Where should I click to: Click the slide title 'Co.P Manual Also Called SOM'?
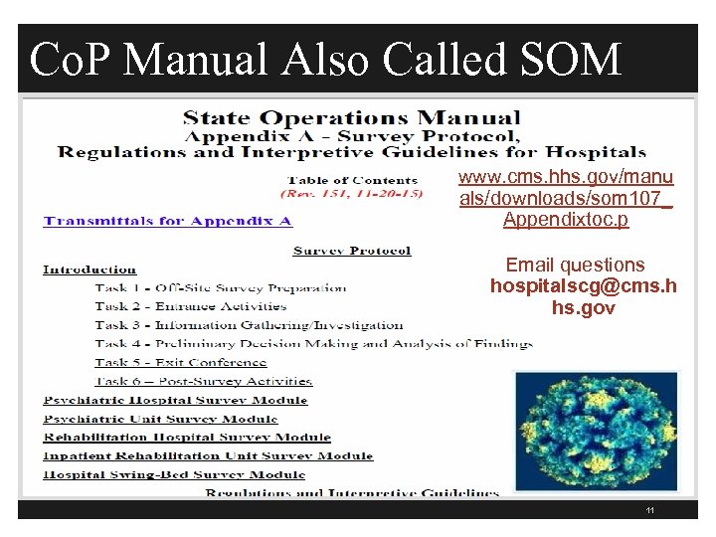(325, 60)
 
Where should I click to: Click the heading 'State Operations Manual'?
(351, 119)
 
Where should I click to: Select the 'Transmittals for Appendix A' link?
(167, 221)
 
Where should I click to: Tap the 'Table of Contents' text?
(353, 180)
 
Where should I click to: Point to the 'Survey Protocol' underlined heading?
(352, 251)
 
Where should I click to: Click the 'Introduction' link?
(89, 269)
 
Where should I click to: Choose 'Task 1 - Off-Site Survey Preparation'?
(221, 288)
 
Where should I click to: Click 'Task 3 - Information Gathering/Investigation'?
(249, 325)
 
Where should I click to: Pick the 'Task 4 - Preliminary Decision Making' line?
(313, 344)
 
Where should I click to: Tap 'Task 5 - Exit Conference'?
(181, 363)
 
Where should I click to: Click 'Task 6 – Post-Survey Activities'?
(204, 381)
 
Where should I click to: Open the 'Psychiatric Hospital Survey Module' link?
(175, 400)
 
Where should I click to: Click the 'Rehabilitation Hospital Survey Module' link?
(187, 438)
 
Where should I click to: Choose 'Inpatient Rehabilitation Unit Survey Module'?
(208, 456)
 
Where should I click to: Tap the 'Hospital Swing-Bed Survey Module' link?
(174, 475)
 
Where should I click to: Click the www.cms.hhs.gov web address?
(565, 198)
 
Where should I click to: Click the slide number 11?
(649, 510)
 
